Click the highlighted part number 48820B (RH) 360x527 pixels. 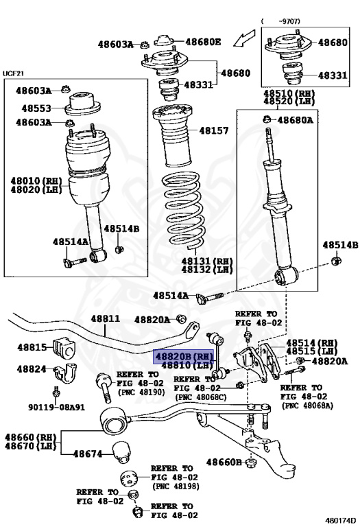(x=183, y=356)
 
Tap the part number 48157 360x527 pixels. (x=214, y=130)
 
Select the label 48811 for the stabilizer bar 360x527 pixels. (x=106, y=318)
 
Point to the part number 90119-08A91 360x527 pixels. (x=56, y=408)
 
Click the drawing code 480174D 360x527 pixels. (x=340, y=521)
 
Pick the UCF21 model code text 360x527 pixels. (x=13, y=73)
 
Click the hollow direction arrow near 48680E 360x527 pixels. (x=245, y=38)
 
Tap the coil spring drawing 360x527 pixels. (x=183, y=211)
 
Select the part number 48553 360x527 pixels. (x=36, y=108)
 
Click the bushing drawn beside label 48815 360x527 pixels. (x=64, y=348)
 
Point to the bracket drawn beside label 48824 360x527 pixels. (x=65, y=373)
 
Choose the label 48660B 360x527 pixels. (x=224, y=462)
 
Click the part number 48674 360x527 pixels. (x=88, y=454)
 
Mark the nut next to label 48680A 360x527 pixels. (x=267, y=119)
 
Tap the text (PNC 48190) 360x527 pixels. (x=141, y=393)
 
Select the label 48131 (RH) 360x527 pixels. (x=207, y=261)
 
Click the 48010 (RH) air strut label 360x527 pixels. (x=36, y=181)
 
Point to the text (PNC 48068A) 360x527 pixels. (x=308, y=406)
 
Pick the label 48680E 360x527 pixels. (x=203, y=42)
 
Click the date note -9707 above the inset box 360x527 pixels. (x=290, y=21)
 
